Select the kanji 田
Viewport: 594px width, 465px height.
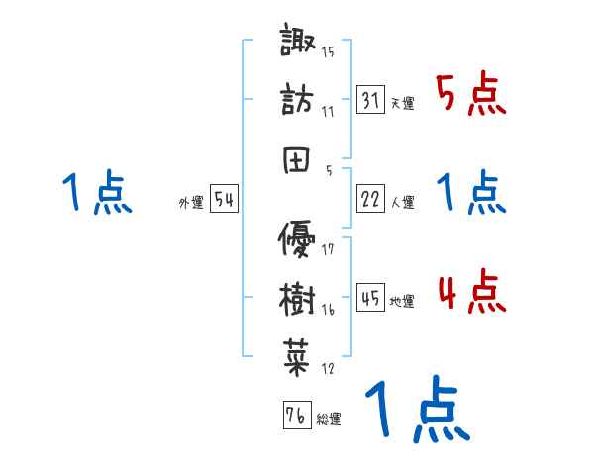pos(299,156)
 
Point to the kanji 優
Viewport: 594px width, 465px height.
pos(299,237)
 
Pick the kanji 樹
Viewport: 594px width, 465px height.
pos(299,295)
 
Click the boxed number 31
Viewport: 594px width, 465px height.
pos(369,99)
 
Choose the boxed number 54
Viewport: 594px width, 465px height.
pos(224,199)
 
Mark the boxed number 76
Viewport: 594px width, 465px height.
pos(295,415)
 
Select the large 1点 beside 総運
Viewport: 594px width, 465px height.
pos(417,411)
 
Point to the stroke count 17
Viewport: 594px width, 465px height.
pos(329,249)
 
